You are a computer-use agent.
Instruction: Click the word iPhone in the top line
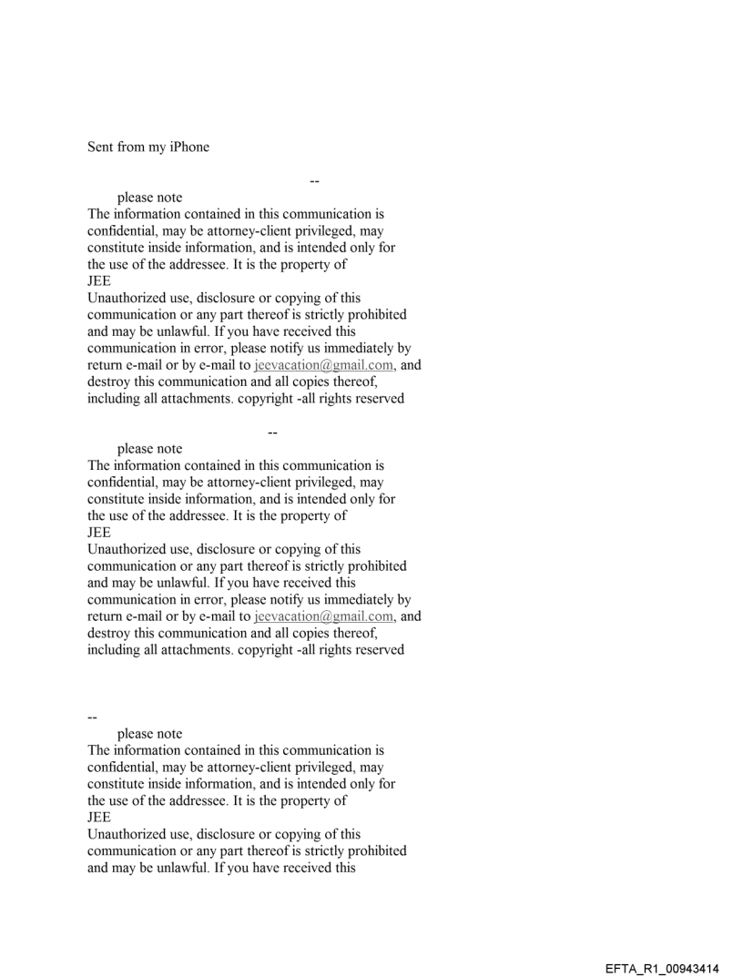click(187, 147)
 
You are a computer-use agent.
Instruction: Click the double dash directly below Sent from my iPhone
click(314, 180)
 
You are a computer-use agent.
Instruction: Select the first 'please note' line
click(149, 198)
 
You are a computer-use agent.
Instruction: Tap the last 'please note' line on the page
click(149, 733)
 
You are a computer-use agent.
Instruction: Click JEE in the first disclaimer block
click(98, 281)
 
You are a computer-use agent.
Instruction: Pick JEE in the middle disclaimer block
click(98, 533)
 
